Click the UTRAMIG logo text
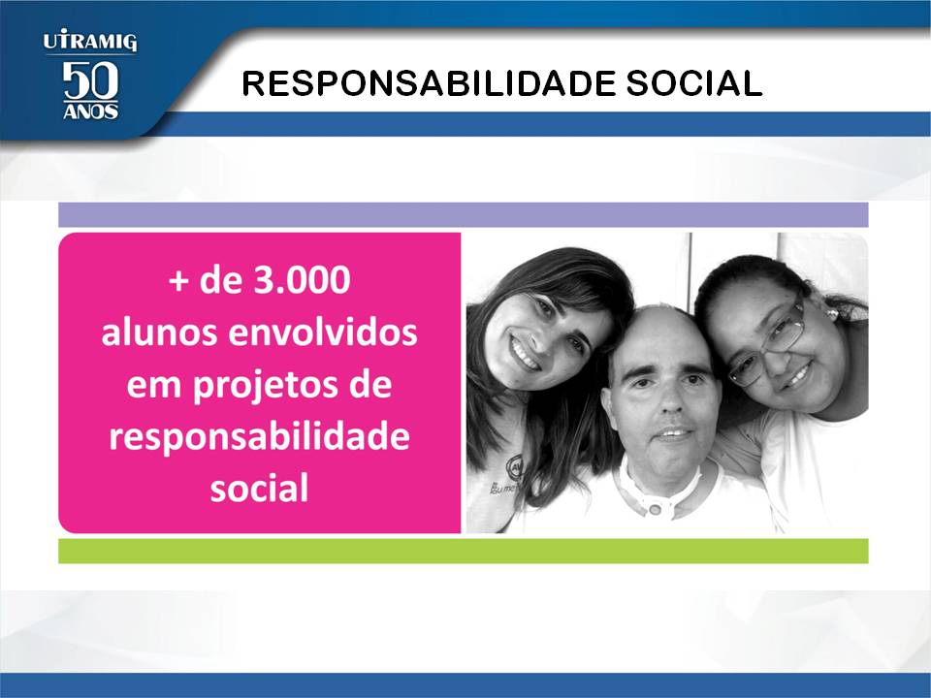[89, 42]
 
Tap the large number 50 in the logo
[90, 79]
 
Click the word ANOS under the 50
[90, 111]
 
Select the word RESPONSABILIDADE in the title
[429, 83]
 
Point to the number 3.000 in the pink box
[302, 280]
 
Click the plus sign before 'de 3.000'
[178, 281]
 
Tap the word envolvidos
[322, 332]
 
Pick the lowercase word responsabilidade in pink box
[260, 438]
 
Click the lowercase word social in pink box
[260, 488]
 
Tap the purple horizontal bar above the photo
[464, 215]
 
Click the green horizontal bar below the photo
[464, 551]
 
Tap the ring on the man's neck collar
[656, 510]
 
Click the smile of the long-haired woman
[524, 354]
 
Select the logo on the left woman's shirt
[513, 467]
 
